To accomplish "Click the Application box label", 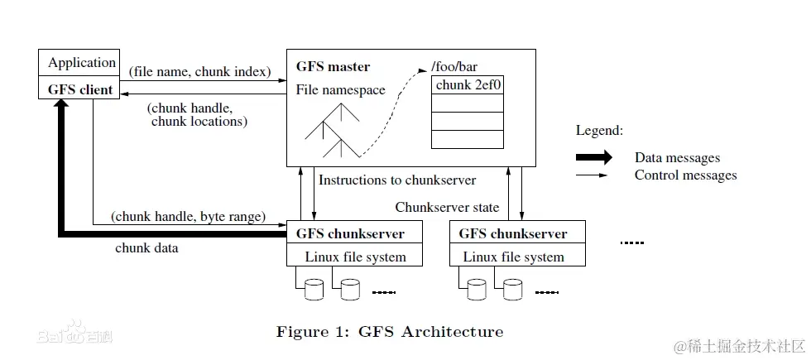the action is point(82,63).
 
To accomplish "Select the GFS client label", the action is point(80,89).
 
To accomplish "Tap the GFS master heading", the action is point(333,67).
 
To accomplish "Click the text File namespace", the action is point(340,90).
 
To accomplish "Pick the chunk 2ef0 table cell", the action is point(468,85).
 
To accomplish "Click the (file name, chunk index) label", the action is point(199,72).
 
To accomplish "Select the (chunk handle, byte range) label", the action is point(189,216).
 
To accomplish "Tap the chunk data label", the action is point(146,247).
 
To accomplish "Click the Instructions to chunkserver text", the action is point(397,180).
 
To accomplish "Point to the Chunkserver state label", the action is point(447,208).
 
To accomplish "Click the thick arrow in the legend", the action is point(594,157).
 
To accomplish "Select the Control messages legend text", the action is point(686,175).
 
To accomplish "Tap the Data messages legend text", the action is point(677,158).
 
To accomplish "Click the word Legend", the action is point(600,131).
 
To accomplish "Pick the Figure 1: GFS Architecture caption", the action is point(390,331).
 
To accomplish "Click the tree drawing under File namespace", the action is point(332,131).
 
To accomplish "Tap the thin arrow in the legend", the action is point(592,175).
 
